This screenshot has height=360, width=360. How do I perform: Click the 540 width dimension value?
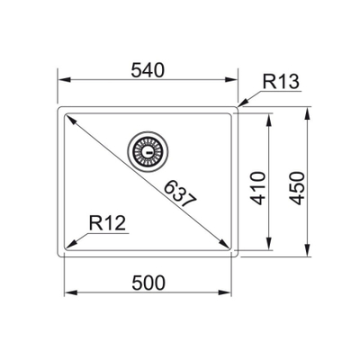148,71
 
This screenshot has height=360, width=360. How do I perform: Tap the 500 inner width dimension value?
148,283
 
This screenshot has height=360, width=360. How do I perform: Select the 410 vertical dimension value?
258,188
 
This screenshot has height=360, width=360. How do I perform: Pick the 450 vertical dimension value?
298,188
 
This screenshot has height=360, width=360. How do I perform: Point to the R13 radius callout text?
281,82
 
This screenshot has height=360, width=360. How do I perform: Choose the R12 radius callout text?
107,223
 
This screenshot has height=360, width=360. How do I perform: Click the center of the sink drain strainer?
148,152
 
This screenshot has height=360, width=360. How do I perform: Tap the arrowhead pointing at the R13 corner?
244,102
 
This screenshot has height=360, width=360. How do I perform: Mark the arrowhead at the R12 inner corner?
71,245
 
